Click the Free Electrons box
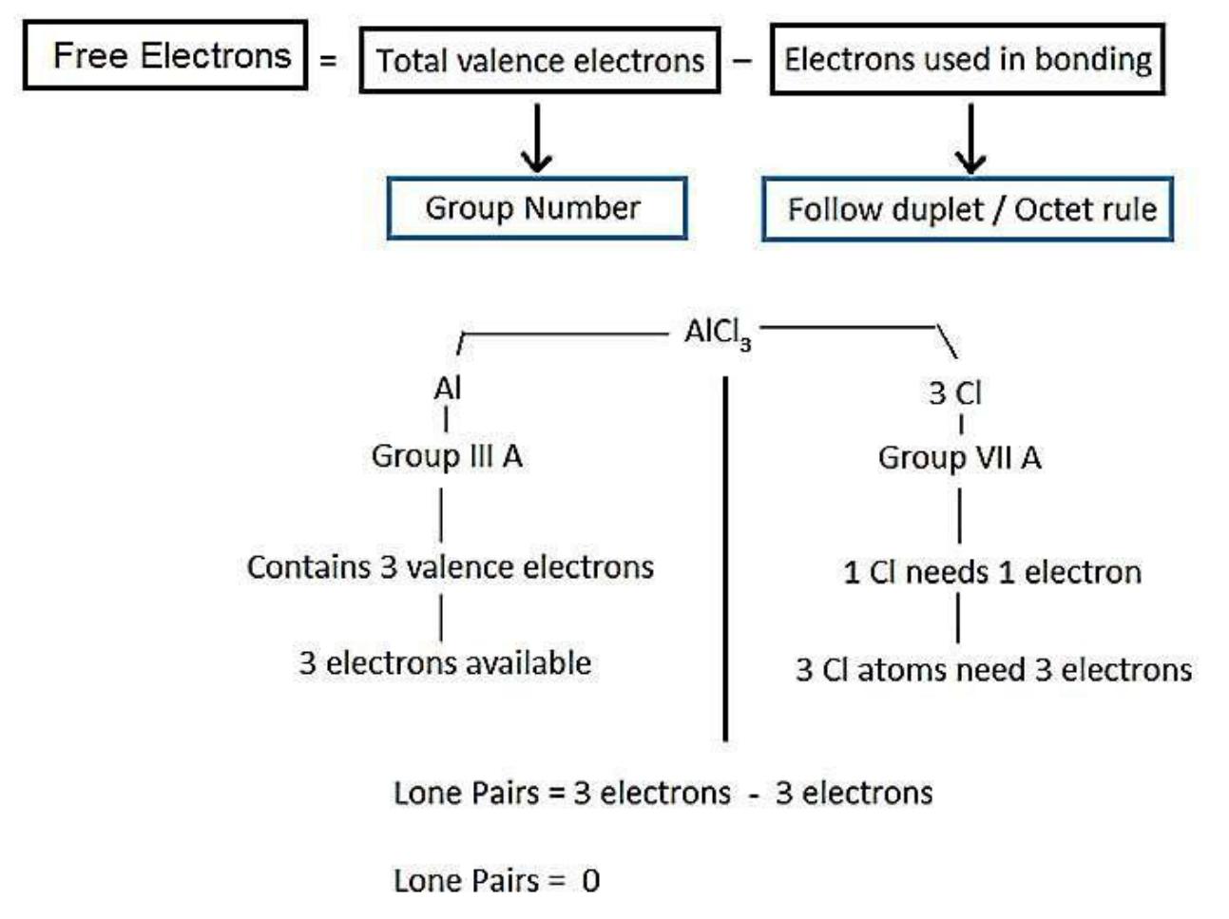coord(165,56)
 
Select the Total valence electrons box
coord(539,61)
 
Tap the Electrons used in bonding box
coord(967,59)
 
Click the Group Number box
coord(536,208)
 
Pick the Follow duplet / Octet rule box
coord(968,209)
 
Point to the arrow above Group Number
coord(538,139)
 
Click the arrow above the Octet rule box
coord(970,139)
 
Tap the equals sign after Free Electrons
coord(328,60)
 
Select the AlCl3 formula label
coord(717,333)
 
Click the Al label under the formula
coord(447,389)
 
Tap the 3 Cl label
coord(954,392)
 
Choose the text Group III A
coord(447,456)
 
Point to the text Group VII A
coord(959,458)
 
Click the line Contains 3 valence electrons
coord(451,567)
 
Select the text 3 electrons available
coord(445,662)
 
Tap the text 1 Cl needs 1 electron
coord(992,572)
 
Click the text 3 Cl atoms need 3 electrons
coord(993,670)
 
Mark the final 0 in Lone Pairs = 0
coord(590,881)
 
